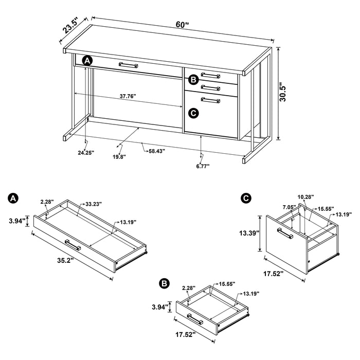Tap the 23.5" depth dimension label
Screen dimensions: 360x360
click(x=70, y=26)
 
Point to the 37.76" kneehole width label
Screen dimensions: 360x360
click(x=132, y=96)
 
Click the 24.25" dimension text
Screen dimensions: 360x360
click(x=86, y=152)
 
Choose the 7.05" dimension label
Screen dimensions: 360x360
click(x=289, y=208)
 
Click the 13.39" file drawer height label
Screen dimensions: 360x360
click(x=248, y=232)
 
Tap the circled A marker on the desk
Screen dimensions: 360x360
click(x=87, y=61)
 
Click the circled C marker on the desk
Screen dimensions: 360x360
click(x=193, y=112)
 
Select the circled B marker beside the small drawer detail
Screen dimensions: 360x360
click(x=164, y=283)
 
